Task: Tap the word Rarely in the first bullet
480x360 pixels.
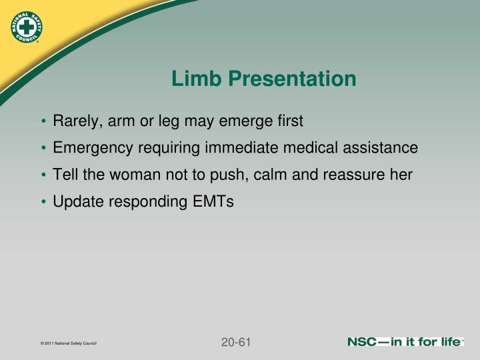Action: click(x=75, y=121)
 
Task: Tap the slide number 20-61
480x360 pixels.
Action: click(x=235, y=343)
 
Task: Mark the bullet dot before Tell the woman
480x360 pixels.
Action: click(x=43, y=175)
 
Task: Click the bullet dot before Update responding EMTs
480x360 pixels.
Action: click(x=43, y=202)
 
